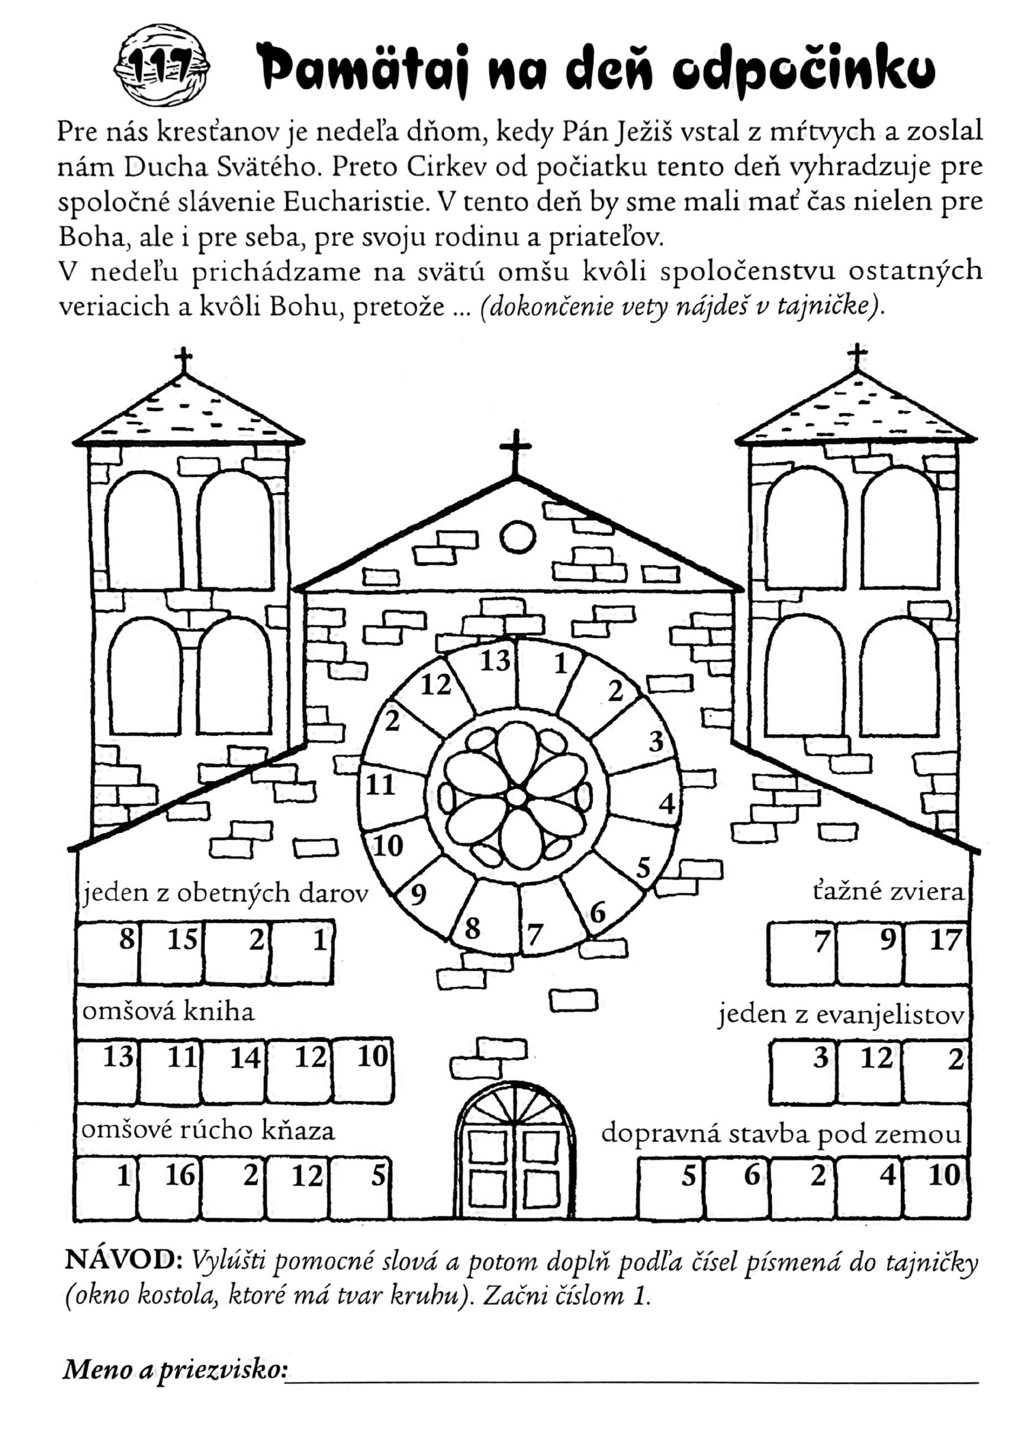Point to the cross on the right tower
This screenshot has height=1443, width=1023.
856,357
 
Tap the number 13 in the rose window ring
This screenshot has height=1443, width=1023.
495,661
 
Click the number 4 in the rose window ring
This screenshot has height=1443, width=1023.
666,804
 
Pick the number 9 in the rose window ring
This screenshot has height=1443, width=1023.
417,894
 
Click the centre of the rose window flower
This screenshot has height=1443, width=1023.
517,797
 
